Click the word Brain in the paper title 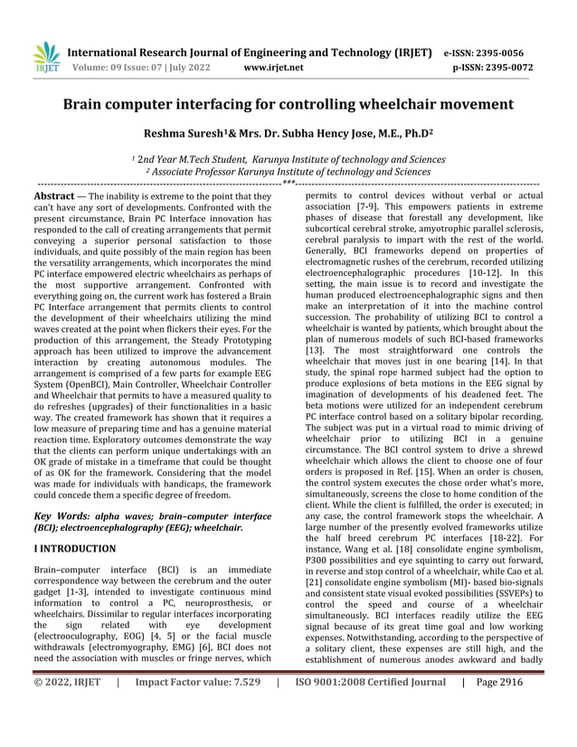click(x=87, y=104)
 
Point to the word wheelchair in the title click(x=397, y=104)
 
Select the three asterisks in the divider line click(x=288, y=183)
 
